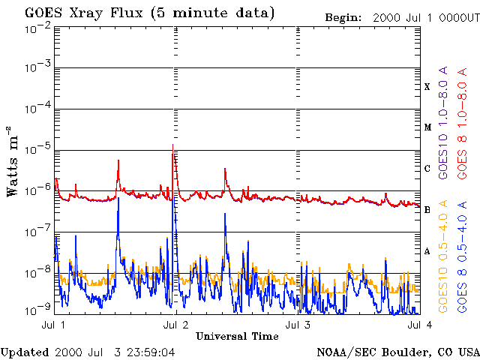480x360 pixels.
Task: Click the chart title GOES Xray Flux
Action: pyautogui.click(x=83, y=13)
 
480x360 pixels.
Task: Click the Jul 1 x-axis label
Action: pyautogui.click(x=54, y=325)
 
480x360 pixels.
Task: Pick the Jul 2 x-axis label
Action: pyautogui.click(x=176, y=325)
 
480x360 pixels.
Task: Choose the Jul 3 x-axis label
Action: pyautogui.click(x=298, y=325)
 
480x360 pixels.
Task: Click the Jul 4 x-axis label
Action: pyautogui.click(x=420, y=325)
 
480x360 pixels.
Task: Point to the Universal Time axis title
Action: pyautogui.click(x=237, y=337)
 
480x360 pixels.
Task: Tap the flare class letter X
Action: pyautogui.click(x=427, y=87)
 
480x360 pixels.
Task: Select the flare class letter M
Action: pyautogui.click(x=427, y=127)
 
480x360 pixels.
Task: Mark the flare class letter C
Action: pyautogui.click(x=427, y=169)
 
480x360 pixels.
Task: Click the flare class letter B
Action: pyautogui.click(x=427, y=210)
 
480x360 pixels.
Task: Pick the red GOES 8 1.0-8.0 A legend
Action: pyautogui.click(x=462, y=123)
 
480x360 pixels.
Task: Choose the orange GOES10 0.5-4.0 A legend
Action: pyautogui.click(x=443, y=256)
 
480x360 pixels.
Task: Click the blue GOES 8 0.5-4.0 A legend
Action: pyautogui.click(x=462, y=256)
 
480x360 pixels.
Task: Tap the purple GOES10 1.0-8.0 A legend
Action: pyautogui.click(x=443, y=122)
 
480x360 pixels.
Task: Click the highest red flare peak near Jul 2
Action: pyautogui.click(x=173, y=145)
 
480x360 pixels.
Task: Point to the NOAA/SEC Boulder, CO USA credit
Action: pyautogui.click(x=398, y=352)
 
